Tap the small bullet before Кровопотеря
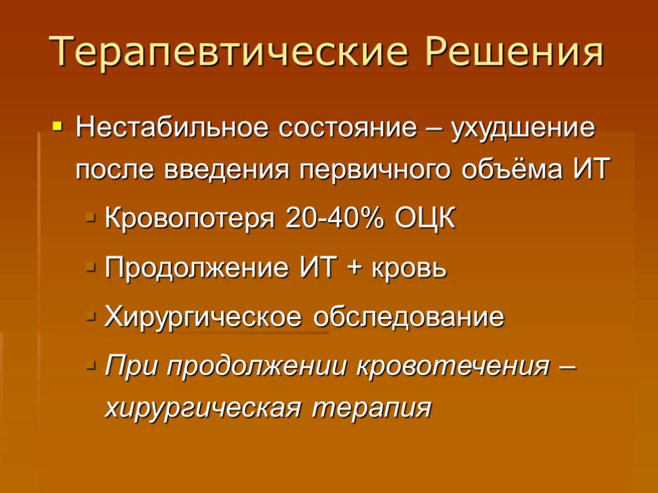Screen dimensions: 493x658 (x=91, y=220)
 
